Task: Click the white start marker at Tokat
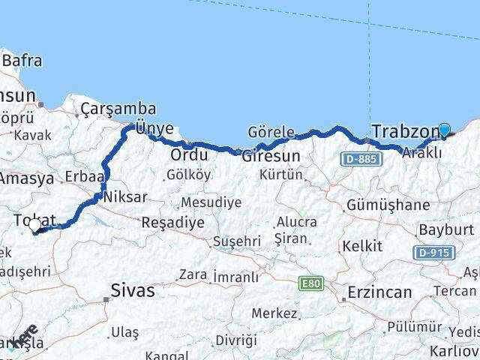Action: pyautogui.click(x=34, y=225)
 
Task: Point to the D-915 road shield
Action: pyautogui.click(x=434, y=253)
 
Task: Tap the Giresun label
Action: pyautogui.click(x=271, y=156)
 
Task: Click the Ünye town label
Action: pyautogui.click(x=154, y=128)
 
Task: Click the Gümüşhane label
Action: pyautogui.click(x=389, y=205)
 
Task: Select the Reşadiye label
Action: pyautogui.click(x=172, y=223)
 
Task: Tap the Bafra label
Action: pyautogui.click(x=22, y=61)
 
